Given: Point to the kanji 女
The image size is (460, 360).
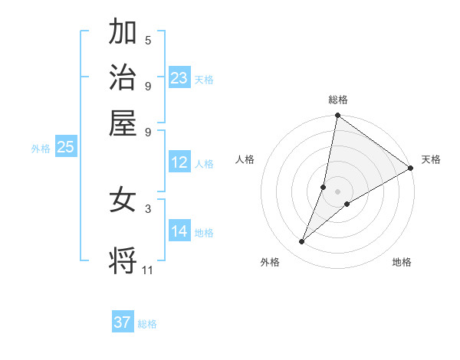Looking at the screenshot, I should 123,201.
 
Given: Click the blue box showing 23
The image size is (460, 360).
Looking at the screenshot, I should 179,78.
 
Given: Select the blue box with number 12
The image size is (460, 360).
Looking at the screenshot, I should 179,162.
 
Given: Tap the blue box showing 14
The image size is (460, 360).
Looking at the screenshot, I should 179,231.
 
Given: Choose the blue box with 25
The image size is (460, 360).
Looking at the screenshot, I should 66,148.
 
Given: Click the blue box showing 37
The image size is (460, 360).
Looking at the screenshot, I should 123,322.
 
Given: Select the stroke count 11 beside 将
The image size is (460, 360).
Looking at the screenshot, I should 147,270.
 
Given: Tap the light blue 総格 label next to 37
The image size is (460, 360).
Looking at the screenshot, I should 147,324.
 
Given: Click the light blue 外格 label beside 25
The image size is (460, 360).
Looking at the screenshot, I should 41,149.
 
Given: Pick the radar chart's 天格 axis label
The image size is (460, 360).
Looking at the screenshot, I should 431,159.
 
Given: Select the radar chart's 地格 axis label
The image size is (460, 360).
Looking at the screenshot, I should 402,262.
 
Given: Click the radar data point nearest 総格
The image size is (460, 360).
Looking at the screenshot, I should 337,116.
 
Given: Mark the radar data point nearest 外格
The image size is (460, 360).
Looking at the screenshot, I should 302,242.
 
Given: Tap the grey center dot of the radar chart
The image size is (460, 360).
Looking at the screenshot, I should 337,191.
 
